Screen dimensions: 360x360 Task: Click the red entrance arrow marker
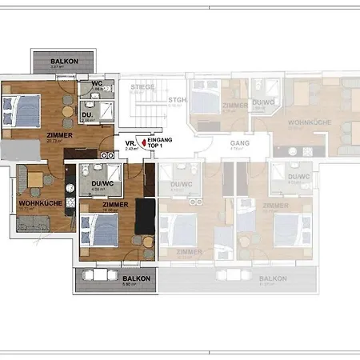point(144,142)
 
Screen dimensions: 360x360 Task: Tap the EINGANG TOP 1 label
point(160,142)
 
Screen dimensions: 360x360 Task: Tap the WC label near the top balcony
point(96,83)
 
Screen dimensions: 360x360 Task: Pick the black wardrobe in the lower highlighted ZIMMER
point(145,216)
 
